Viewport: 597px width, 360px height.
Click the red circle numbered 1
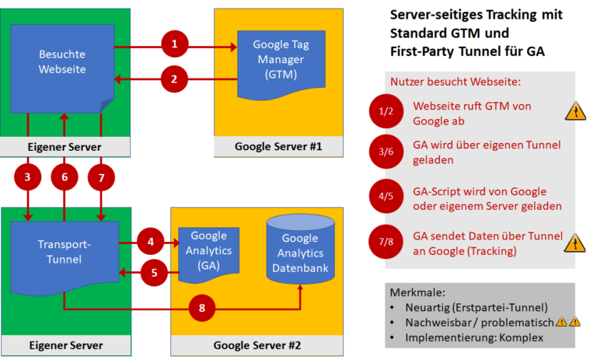[x=175, y=45]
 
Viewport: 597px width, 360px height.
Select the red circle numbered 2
[x=175, y=78]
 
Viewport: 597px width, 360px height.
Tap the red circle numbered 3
[x=28, y=178]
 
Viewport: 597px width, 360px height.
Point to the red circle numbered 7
[x=101, y=178]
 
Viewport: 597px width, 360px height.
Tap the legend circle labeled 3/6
[x=386, y=152]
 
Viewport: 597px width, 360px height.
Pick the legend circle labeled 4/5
[x=386, y=197]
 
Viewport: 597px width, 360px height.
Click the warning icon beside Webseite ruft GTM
[x=575, y=112]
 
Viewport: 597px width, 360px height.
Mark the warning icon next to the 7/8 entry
[x=575, y=244]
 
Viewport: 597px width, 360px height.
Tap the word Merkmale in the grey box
[x=419, y=292]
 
